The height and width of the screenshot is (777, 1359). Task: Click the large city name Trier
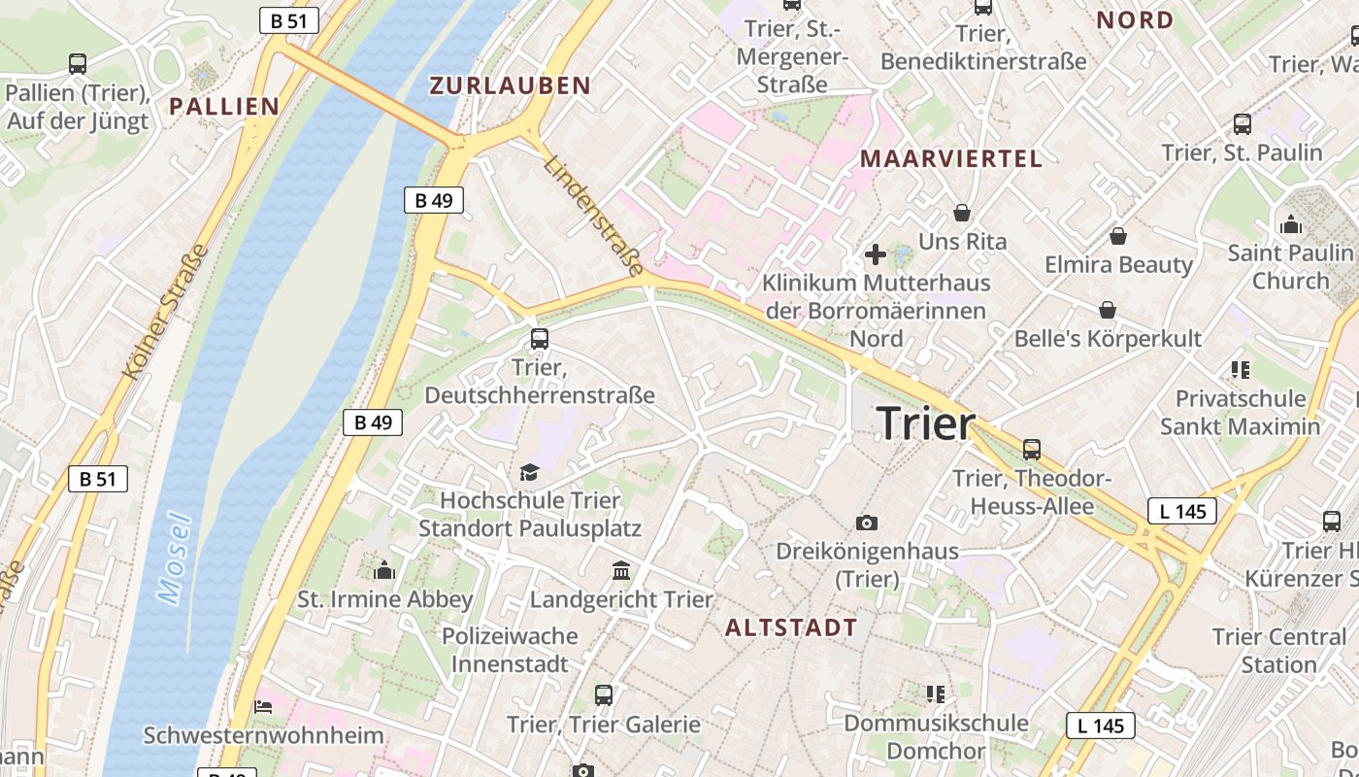coord(925,423)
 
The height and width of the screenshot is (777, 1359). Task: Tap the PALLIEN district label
coord(224,106)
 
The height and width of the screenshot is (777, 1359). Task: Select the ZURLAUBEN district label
coord(511,85)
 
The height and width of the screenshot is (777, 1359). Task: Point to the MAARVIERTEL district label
coord(951,158)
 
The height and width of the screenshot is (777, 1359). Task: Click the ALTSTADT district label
coord(791,627)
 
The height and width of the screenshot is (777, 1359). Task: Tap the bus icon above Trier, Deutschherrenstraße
coord(540,339)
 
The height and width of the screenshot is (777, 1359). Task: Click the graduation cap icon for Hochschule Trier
coord(529,472)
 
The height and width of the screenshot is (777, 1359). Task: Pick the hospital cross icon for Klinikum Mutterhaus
coord(876,255)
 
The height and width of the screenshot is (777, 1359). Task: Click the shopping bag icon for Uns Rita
coord(962,212)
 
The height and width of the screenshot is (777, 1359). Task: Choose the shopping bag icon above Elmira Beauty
coord(1118,235)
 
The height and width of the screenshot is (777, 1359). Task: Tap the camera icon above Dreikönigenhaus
coord(867,523)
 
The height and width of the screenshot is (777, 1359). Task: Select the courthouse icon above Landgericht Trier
coord(621,570)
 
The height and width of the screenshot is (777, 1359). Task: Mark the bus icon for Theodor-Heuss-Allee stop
coord(1032,449)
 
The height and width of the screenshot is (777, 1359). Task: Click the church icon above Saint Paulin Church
coord(1291,225)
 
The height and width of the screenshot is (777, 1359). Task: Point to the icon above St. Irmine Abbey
coord(384,570)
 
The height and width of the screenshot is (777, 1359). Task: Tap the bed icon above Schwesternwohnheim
coord(263,706)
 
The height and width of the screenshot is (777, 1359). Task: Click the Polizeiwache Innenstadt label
coord(510,650)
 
